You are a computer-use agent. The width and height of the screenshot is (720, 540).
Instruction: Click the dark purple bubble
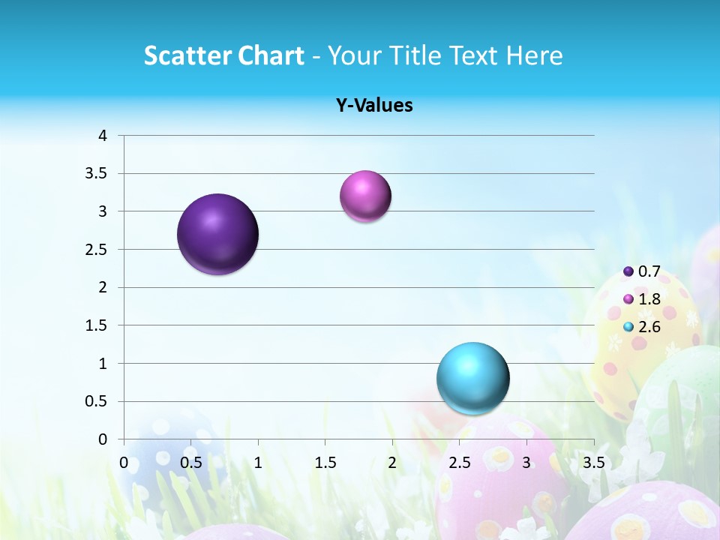(218, 234)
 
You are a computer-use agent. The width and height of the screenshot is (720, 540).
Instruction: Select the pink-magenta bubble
(365, 196)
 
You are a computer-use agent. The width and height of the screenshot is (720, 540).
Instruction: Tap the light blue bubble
(473, 378)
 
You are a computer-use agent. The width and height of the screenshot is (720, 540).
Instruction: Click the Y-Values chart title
(374, 105)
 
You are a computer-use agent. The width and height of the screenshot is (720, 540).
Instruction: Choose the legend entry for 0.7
(642, 271)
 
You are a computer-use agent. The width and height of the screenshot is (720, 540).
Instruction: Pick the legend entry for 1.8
(642, 299)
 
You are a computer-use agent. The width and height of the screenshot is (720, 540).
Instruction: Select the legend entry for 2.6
(642, 327)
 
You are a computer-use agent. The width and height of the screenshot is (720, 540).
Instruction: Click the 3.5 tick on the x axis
(593, 463)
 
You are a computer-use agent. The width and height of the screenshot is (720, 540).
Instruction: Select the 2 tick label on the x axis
(392, 463)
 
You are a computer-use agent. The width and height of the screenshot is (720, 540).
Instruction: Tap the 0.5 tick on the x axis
(191, 463)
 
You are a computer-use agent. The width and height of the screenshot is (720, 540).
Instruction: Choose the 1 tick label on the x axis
(258, 463)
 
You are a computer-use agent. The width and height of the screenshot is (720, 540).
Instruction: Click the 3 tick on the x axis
(526, 463)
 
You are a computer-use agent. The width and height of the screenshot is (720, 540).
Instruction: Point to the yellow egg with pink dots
(630, 330)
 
